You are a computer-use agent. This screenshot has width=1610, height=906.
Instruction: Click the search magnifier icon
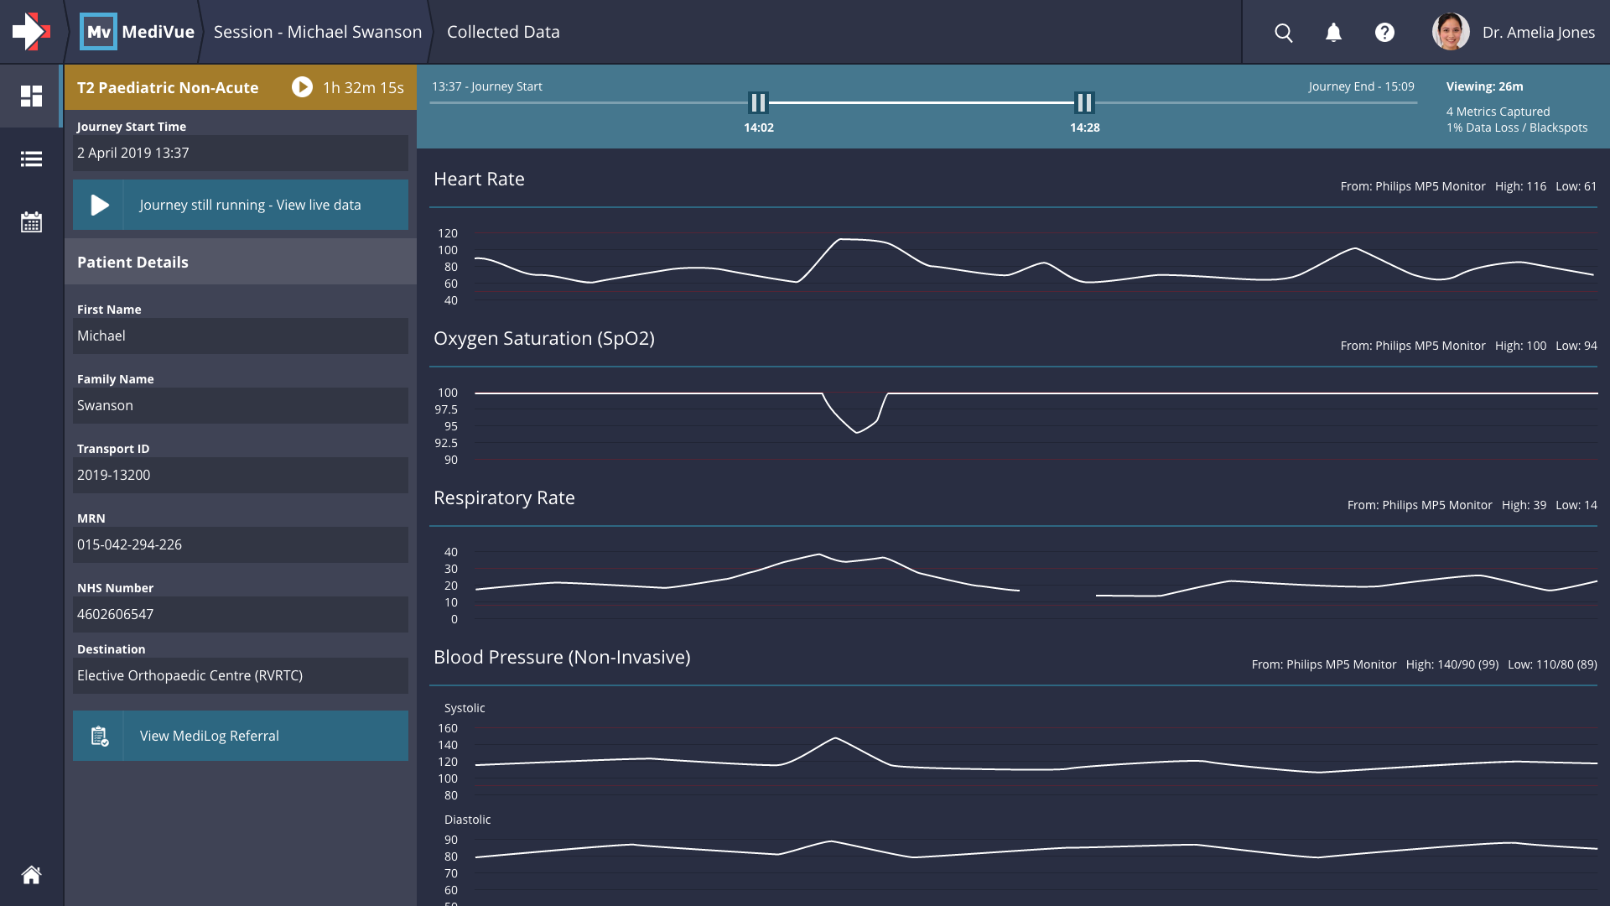tap(1283, 33)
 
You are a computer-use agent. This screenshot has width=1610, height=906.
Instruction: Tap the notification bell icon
tap(1333, 33)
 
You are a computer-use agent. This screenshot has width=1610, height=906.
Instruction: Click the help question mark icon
tap(1384, 33)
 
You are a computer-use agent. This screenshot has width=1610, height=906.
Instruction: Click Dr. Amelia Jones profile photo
tap(1451, 32)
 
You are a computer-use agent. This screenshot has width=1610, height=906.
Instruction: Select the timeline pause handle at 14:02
tap(758, 102)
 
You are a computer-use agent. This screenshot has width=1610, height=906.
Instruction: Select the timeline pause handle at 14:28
tap(1084, 102)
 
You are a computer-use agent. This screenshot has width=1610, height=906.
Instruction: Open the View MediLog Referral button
tap(241, 736)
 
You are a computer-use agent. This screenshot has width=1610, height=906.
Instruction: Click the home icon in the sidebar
tap(31, 875)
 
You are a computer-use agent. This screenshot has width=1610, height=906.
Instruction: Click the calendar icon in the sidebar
tap(31, 222)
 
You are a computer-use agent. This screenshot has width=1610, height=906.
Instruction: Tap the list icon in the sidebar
tap(31, 159)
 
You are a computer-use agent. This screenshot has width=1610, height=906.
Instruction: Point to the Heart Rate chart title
tap(479, 179)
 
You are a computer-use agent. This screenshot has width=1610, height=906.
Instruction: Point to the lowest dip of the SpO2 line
tap(856, 432)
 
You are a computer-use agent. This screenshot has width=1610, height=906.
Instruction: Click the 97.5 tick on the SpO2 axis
tap(446, 409)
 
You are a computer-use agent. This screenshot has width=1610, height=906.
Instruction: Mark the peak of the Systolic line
tap(835, 738)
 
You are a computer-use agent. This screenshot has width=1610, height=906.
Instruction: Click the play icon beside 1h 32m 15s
tap(302, 87)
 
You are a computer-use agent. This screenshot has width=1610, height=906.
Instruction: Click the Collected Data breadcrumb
tap(503, 32)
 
